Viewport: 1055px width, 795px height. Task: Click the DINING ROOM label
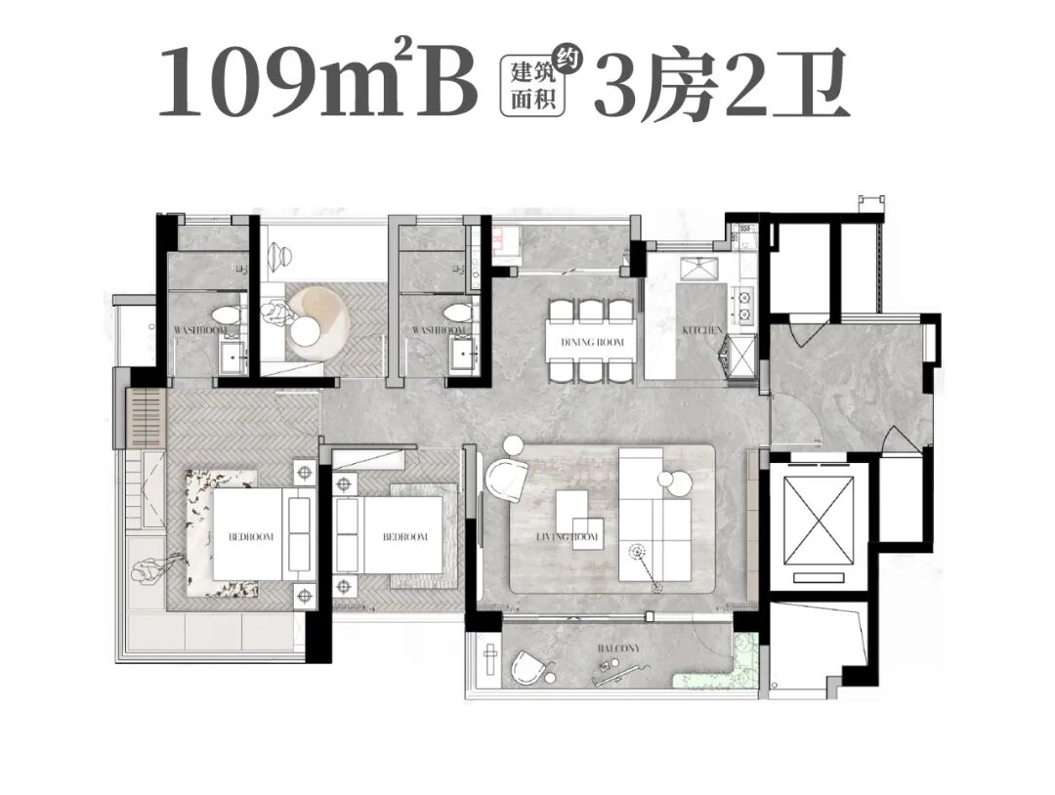592,342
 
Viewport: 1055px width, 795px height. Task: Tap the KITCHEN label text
702,331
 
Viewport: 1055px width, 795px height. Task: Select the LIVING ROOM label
568,537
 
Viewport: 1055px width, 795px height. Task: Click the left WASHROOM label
200,331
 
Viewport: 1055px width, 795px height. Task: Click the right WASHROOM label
437,331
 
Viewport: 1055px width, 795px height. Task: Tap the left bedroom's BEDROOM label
251,537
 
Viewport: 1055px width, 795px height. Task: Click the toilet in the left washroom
228,314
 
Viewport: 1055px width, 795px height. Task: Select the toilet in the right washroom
455,314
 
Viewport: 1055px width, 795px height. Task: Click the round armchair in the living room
507,480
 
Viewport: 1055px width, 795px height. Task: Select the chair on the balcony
531,669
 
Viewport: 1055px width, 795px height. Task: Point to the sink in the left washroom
232,358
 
